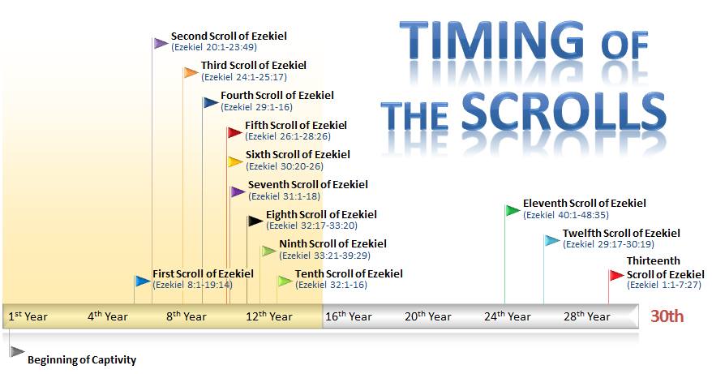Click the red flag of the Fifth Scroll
(234, 132)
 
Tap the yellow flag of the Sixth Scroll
(235, 161)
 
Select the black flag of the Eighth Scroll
(255, 221)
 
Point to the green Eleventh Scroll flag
(513, 210)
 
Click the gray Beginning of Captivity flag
(17, 351)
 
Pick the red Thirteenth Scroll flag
(616, 275)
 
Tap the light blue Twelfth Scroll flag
(552, 240)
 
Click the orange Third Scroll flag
(191, 73)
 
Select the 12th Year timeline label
(268, 316)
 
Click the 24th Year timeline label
(507, 316)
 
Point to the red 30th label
(667, 316)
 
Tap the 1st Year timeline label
(28, 316)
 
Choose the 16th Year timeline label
(348, 316)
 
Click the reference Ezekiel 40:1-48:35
(566, 215)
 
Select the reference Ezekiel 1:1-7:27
(664, 285)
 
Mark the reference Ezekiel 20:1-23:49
(214, 47)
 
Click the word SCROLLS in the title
(564, 110)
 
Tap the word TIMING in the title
(491, 42)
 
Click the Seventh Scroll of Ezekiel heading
(308, 184)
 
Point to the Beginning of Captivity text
(82, 360)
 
